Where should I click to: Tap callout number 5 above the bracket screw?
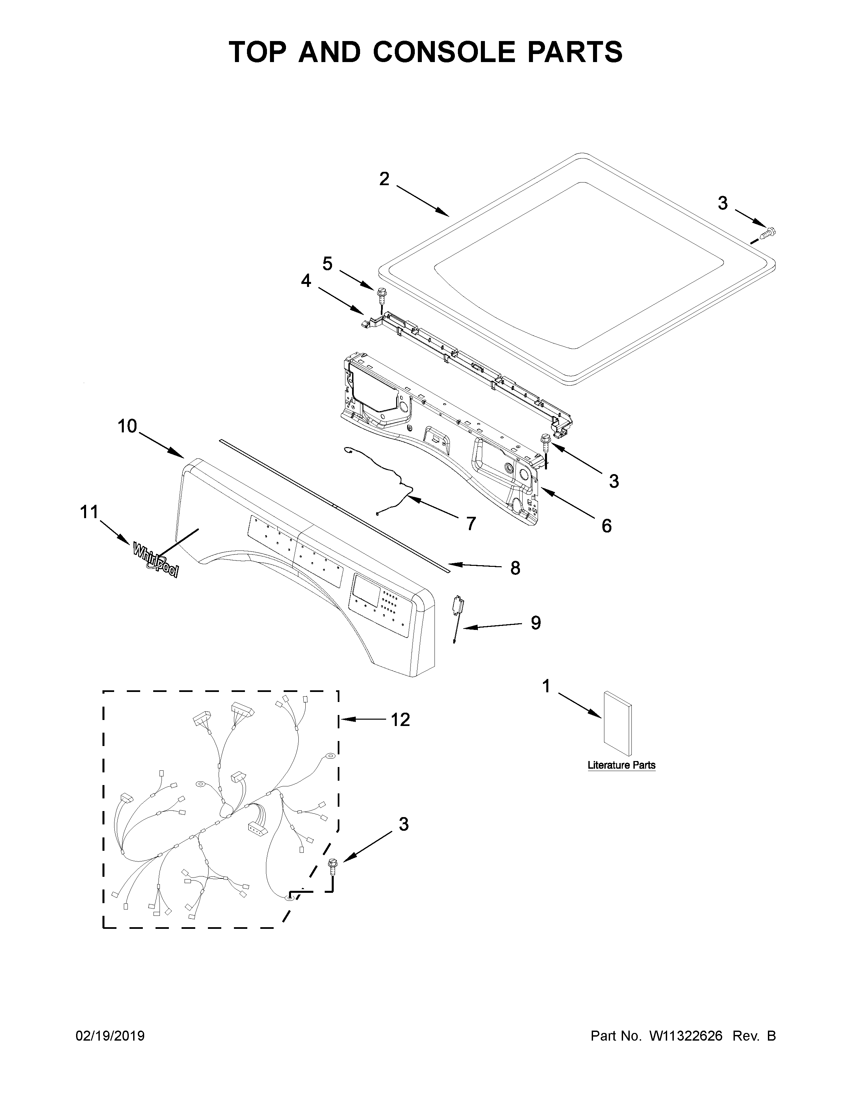[x=328, y=263]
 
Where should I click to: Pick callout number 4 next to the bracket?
[x=306, y=281]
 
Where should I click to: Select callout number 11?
[x=89, y=512]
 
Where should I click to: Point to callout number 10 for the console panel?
[x=127, y=426]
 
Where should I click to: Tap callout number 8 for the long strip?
[x=515, y=568]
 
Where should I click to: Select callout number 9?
[x=535, y=623]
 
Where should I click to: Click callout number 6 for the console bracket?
[x=606, y=526]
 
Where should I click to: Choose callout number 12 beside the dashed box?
[x=400, y=719]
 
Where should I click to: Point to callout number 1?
[x=546, y=686]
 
